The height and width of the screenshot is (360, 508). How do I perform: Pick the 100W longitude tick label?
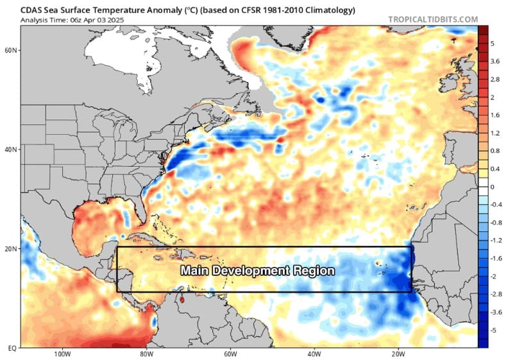(x=62, y=354)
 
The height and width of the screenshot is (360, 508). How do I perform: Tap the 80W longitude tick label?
(x=146, y=354)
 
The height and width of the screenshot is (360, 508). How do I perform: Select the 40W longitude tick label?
(x=313, y=354)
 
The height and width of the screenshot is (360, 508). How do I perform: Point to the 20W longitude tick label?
(x=396, y=354)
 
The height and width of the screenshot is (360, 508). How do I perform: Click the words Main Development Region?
(x=257, y=271)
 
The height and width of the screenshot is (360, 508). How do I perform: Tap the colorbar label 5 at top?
(x=493, y=43)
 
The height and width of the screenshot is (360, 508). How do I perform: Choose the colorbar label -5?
(x=494, y=329)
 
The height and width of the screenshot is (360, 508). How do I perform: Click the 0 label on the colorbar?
(x=493, y=186)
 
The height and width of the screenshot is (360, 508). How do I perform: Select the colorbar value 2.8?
(x=495, y=79)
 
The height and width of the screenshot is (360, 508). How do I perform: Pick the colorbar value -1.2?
(x=496, y=240)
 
